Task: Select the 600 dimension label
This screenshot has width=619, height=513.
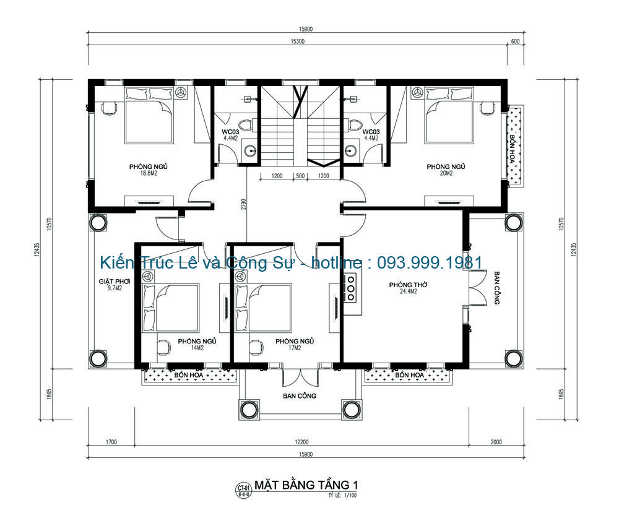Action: coord(514,41)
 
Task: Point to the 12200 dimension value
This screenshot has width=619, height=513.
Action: coord(301,442)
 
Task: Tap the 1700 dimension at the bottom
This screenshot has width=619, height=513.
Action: coord(111,442)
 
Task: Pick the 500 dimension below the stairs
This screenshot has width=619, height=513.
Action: coord(300,176)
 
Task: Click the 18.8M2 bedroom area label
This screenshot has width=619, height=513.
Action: coord(149,174)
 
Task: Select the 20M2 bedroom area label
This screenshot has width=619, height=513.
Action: coord(446,174)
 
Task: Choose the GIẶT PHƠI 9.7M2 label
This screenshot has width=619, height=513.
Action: coord(114,284)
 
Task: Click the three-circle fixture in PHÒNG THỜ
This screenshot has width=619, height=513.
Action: coord(350,288)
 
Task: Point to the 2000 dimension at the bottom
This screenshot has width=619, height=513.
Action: coord(496,442)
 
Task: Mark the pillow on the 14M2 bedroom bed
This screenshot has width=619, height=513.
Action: coord(148,309)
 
